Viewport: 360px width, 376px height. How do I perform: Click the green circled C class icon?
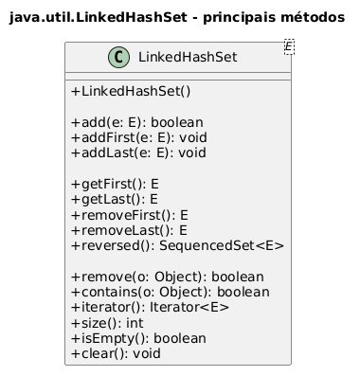click(x=119, y=57)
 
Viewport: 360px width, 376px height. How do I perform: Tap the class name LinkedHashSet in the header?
click(x=188, y=57)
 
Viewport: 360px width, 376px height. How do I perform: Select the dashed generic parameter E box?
click(x=289, y=46)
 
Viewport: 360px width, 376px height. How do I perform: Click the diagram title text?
click(x=177, y=17)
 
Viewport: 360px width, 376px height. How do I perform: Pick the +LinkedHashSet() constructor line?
click(x=131, y=91)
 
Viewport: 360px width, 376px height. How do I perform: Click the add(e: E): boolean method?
click(x=137, y=122)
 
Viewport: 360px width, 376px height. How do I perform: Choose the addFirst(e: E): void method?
click(x=139, y=137)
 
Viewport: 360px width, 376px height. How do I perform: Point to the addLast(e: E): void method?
click(x=139, y=152)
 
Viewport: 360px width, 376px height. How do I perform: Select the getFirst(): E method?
click(x=115, y=184)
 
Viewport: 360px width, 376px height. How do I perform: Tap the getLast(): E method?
click(x=115, y=199)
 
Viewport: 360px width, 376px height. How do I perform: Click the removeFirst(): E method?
click(x=130, y=215)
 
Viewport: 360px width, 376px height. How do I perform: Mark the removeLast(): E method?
click(x=129, y=230)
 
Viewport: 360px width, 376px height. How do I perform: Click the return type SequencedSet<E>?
click(x=222, y=245)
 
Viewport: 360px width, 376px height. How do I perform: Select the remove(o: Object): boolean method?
click(x=168, y=277)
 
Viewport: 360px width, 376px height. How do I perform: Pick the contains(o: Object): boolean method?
click(x=171, y=292)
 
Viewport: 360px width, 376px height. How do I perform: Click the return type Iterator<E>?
click(x=189, y=307)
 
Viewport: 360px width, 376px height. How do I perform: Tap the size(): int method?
click(x=107, y=323)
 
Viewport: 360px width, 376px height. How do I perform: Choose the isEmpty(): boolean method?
click(x=139, y=338)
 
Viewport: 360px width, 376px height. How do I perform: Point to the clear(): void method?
click(x=117, y=353)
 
